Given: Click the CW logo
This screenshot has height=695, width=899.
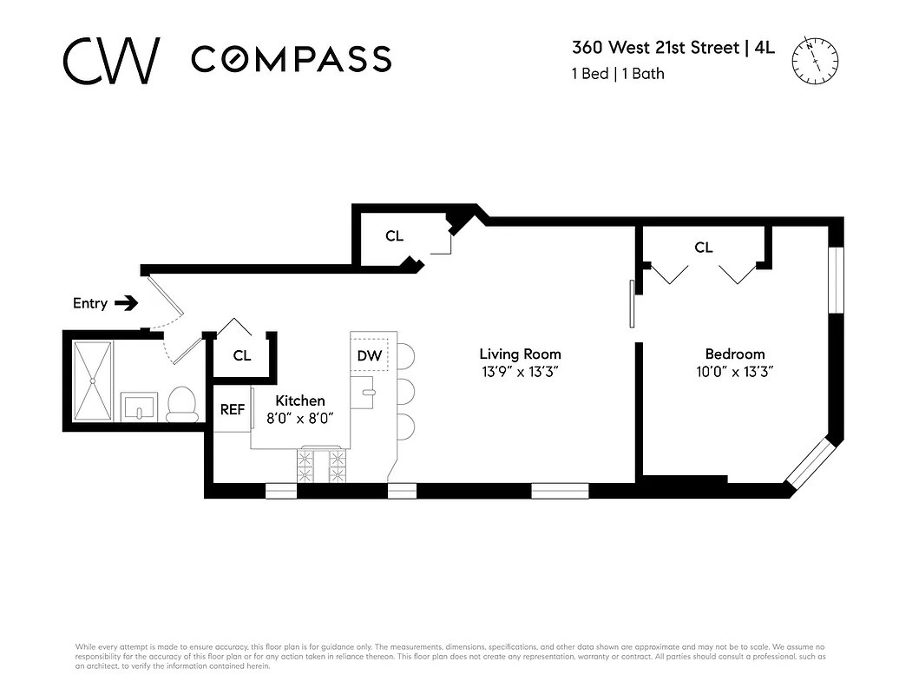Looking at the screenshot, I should [x=111, y=60].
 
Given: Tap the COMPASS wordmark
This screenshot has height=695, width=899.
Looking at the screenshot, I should [x=291, y=59].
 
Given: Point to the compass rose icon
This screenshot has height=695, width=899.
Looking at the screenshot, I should [x=815, y=59].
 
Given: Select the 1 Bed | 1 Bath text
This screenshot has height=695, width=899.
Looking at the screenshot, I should [x=618, y=74].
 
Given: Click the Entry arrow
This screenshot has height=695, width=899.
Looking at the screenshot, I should [x=127, y=303].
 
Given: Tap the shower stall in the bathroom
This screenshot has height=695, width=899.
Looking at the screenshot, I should [x=92, y=381].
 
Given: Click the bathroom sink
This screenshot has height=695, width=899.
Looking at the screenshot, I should [x=138, y=405].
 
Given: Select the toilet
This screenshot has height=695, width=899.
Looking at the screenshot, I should [x=182, y=404].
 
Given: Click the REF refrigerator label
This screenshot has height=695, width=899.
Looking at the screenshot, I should [x=233, y=410].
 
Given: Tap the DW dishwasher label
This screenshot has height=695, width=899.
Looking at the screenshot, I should [x=370, y=356].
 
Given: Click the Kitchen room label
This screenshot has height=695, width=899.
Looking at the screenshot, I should [x=300, y=400].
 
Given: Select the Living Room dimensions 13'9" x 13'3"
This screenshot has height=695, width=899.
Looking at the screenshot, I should [x=520, y=371].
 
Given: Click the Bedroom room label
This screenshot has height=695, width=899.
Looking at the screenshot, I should [x=735, y=354].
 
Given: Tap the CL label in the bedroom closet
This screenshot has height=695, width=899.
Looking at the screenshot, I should [x=703, y=248].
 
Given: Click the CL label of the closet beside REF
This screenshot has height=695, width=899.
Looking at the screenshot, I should [x=242, y=355].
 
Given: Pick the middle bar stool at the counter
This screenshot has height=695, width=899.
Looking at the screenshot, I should [x=405, y=391].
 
